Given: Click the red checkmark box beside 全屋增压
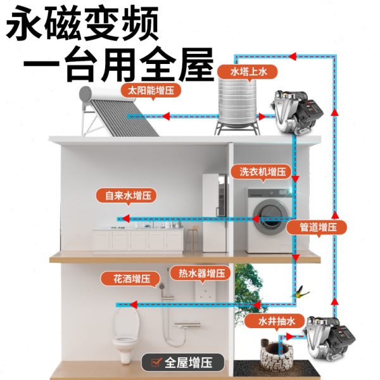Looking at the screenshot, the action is coord(153,364).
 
